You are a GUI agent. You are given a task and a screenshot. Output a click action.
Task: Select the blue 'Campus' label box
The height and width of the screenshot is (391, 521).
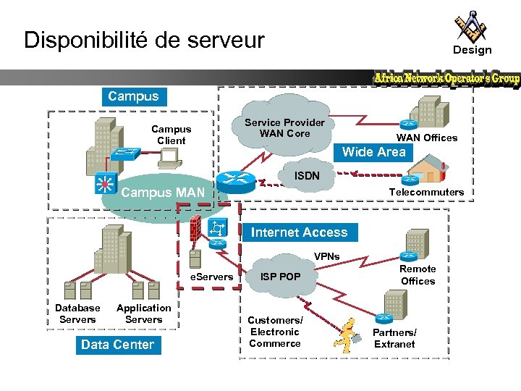tap(132, 96)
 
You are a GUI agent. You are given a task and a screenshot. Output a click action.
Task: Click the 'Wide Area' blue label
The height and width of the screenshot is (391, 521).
tap(373, 152)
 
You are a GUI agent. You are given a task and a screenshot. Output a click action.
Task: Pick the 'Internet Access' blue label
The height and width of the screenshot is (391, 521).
tap(299, 232)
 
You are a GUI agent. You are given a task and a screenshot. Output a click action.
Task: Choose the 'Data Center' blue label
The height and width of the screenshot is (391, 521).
tap(117, 345)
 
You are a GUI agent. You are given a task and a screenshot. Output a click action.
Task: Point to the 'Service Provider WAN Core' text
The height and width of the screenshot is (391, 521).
tap(284, 128)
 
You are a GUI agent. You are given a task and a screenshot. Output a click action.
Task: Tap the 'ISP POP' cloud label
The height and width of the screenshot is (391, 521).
tap(280, 277)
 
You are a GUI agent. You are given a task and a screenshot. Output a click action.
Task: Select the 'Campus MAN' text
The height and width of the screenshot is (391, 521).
tap(163, 193)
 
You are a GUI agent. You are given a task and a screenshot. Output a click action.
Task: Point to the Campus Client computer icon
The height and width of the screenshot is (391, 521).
tap(169, 156)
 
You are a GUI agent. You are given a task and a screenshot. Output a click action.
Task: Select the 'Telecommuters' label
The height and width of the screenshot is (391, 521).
tap(426, 192)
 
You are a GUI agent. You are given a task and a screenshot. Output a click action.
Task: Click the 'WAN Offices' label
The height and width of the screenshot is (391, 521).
tap(426, 138)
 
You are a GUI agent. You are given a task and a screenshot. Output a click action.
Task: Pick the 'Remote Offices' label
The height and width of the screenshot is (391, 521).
tap(418, 274)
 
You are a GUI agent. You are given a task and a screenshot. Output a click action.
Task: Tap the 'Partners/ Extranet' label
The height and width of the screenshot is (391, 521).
tap(394, 338)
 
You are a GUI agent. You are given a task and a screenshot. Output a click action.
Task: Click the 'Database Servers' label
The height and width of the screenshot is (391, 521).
tap(77, 314)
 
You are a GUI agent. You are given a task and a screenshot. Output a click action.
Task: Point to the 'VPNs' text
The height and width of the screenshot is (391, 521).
tap(326, 257)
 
